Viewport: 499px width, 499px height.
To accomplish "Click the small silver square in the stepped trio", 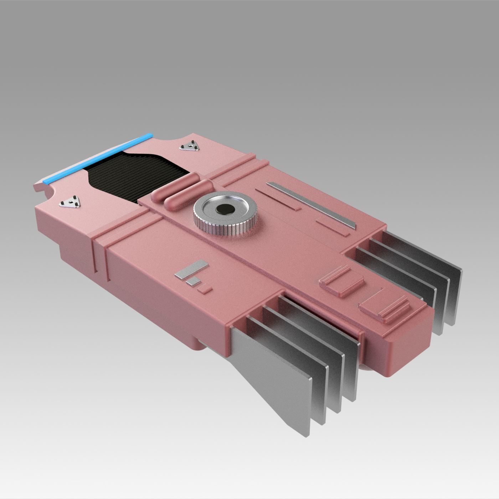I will tap(193, 282).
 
